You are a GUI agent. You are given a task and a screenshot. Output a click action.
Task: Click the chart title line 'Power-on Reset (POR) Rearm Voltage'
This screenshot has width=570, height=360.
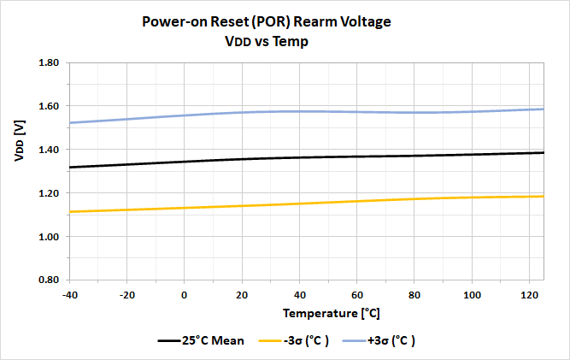284,22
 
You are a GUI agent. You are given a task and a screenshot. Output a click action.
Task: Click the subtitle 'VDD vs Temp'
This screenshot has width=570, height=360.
284,41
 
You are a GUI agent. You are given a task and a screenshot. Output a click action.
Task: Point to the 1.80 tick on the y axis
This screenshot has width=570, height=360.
47,63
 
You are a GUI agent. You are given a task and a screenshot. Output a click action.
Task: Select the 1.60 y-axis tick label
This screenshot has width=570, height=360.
47,107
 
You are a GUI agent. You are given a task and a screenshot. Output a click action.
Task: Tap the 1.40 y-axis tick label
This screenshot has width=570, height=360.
47,150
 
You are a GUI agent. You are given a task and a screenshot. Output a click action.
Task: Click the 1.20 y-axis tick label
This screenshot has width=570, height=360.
47,193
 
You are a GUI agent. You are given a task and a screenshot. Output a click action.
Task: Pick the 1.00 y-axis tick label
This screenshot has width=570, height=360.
47,237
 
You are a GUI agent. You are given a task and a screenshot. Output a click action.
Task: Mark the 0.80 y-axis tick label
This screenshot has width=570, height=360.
47,280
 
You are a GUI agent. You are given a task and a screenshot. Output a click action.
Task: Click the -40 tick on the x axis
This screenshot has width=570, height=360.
70,294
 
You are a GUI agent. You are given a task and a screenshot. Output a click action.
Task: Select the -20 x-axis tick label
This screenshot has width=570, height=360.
127,294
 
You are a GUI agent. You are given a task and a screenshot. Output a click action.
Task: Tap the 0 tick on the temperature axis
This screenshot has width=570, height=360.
185,294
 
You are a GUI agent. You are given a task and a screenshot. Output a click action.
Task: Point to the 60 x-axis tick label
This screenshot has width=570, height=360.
356,294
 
